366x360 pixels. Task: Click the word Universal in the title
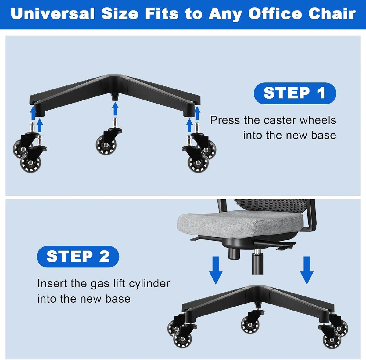(52, 14)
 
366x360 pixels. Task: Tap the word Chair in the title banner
(332, 14)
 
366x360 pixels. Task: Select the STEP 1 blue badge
(295, 93)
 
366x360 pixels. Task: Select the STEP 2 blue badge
(78, 256)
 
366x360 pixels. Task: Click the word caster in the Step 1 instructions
(279, 120)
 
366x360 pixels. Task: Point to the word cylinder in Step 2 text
(149, 284)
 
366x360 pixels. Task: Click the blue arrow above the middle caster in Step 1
(115, 109)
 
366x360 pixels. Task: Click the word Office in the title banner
(275, 14)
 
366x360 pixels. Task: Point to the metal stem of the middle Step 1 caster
(115, 123)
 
